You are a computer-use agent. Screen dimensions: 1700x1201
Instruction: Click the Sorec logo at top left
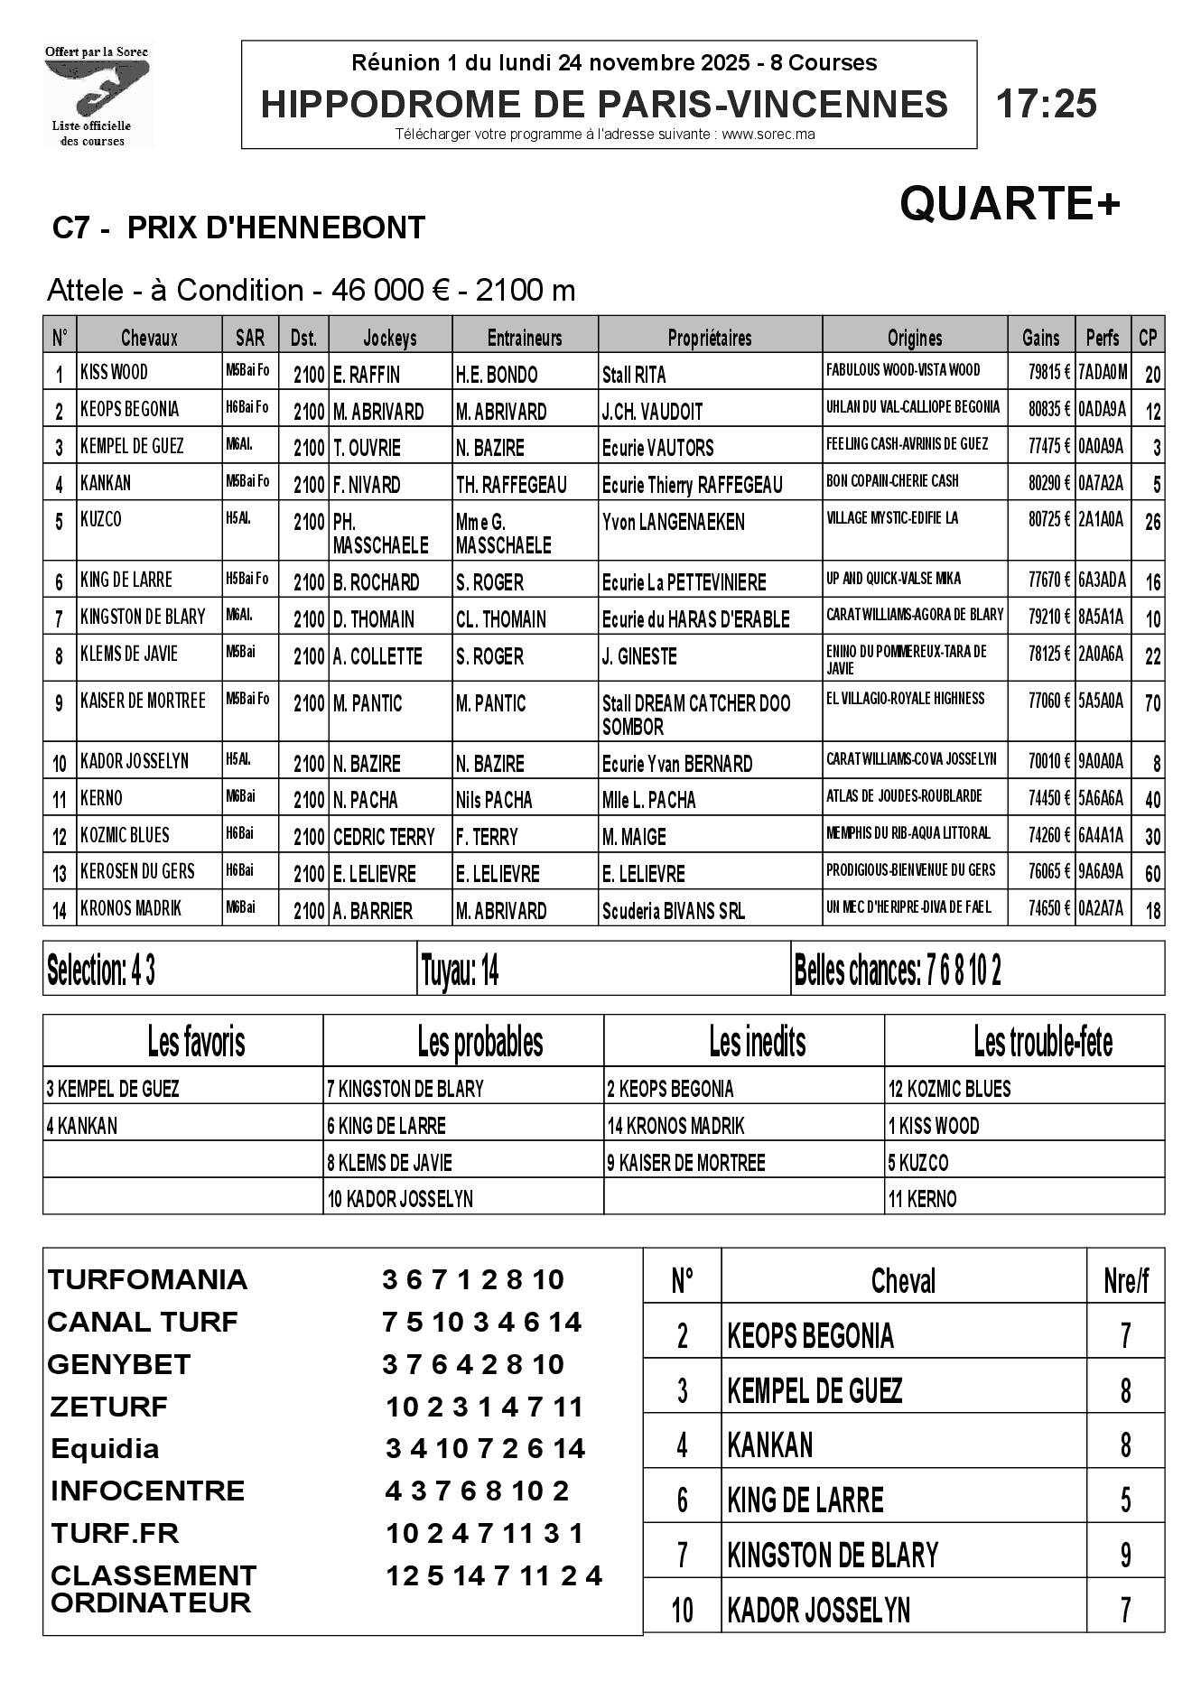tap(98, 96)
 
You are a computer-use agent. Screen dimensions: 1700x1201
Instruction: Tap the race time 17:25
tap(1046, 104)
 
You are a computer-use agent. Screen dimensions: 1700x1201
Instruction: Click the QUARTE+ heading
tap(1010, 204)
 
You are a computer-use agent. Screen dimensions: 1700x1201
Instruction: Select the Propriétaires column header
tap(709, 338)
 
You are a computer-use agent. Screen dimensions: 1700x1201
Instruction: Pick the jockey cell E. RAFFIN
tap(367, 375)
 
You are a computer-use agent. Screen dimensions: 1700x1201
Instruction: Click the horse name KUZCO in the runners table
tap(101, 520)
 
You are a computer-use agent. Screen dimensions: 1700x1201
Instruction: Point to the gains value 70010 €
tap(1049, 762)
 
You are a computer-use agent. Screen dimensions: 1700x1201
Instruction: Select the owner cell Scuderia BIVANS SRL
tap(674, 911)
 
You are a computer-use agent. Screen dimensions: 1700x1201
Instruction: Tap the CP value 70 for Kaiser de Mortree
tap(1152, 703)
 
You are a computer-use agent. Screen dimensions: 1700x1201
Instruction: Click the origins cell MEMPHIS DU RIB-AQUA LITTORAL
tap(908, 833)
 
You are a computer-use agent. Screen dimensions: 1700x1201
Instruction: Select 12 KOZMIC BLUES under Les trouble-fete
tap(950, 1089)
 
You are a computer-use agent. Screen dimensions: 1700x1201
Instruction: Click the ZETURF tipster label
tap(108, 1407)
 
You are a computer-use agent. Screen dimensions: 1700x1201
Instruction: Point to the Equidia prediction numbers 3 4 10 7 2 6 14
tap(485, 1448)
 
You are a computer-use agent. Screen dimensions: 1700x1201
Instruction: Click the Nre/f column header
tap(1125, 1281)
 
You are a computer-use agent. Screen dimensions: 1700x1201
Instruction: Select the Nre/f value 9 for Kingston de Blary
tap(1125, 1555)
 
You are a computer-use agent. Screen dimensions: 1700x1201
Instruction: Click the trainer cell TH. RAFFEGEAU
tap(511, 485)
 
